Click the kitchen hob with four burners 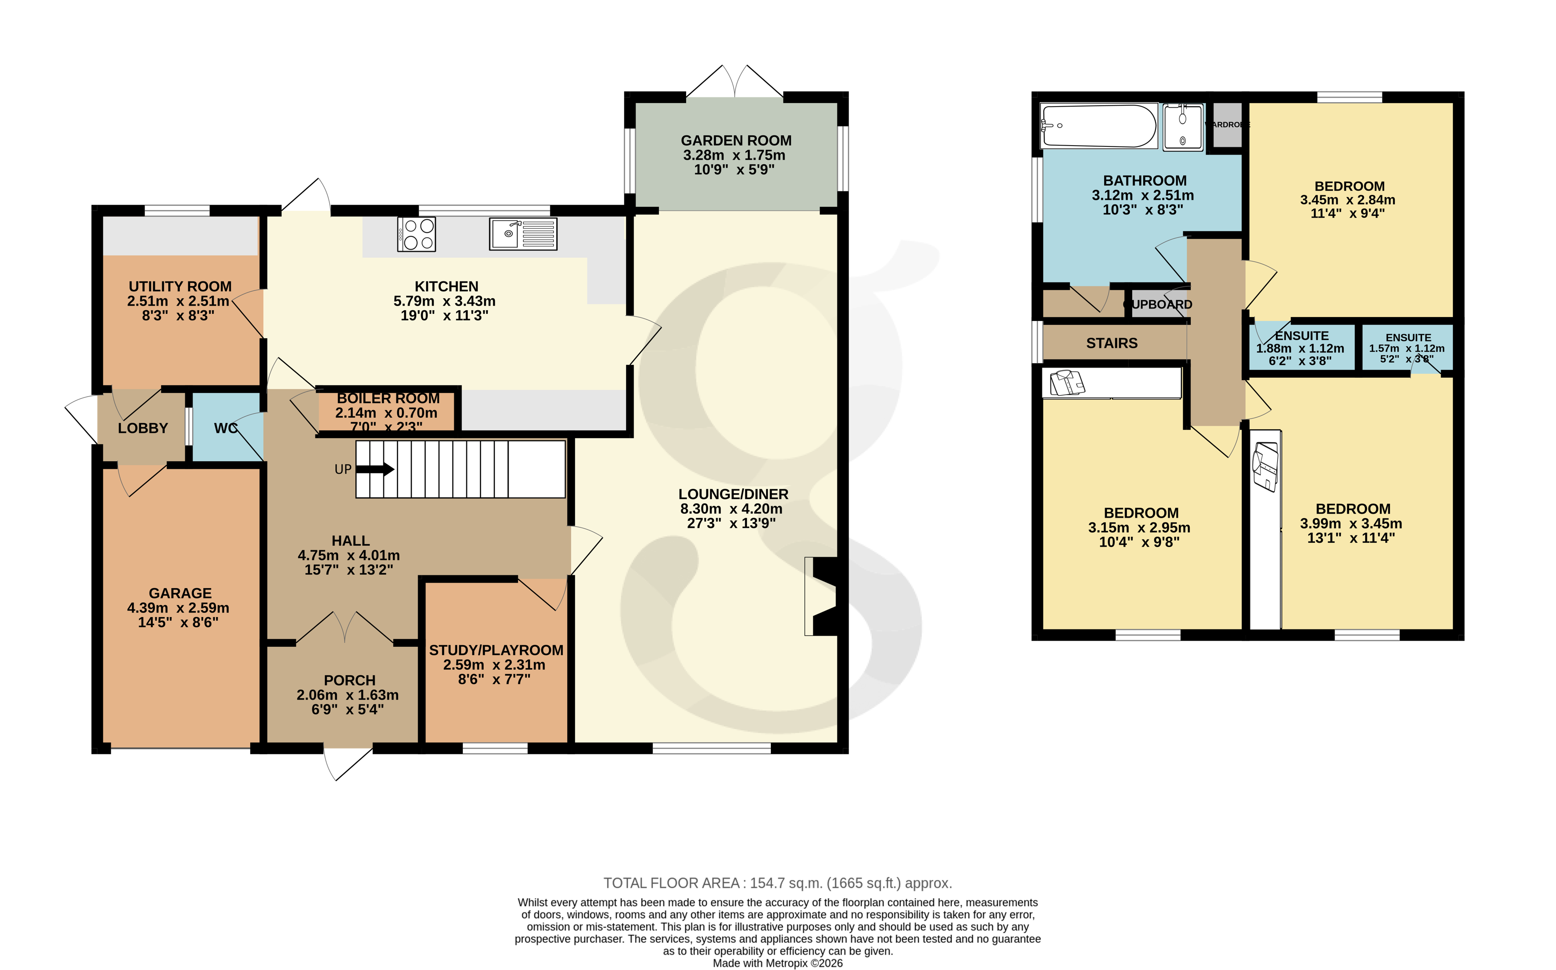[416, 234]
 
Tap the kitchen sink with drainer [523, 234]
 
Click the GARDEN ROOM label [736, 140]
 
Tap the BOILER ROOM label [388, 398]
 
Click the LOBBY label [142, 428]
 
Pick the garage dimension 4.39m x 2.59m [178, 608]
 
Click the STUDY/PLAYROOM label [496, 650]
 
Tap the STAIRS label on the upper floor [1111, 343]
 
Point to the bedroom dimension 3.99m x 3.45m [1351, 523]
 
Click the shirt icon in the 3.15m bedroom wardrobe [1066, 383]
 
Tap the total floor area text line [778, 883]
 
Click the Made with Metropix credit [778, 963]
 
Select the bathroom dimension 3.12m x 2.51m [1143, 195]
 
